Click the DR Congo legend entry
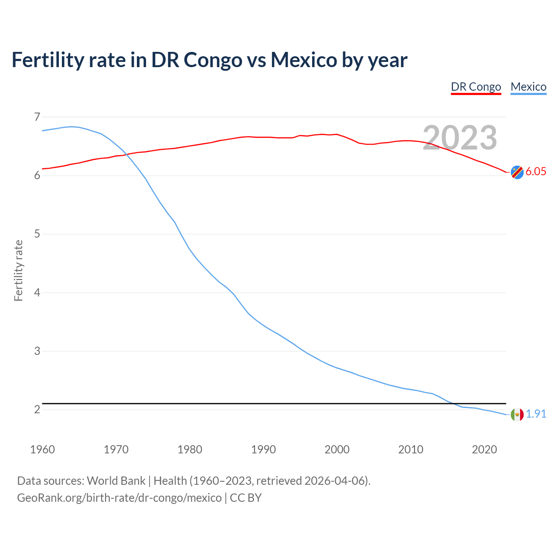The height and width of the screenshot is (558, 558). (476, 87)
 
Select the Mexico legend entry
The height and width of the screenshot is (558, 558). (528, 87)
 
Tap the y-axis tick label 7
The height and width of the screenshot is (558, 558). (37, 117)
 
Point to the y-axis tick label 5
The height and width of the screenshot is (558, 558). (37, 234)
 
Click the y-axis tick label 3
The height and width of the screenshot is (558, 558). (37, 351)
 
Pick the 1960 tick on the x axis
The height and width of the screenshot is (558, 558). (42, 449)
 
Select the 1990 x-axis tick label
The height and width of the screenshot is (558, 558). (263, 449)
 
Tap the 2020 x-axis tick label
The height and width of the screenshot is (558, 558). (484, 449)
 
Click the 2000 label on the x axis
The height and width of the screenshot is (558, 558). (337, 449)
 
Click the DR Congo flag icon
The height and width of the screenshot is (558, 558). (517, 172)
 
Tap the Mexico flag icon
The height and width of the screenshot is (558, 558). (517, 415)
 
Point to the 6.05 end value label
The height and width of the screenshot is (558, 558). (536, 171)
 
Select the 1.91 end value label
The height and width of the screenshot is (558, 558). (536, 414)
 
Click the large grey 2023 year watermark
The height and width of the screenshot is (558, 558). (460, 138)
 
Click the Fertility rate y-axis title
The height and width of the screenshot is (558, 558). (18, 270)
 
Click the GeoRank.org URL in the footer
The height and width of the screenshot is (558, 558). (119, 497)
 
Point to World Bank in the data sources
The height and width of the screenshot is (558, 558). (116, 480)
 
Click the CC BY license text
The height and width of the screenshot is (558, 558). (245, 497)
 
